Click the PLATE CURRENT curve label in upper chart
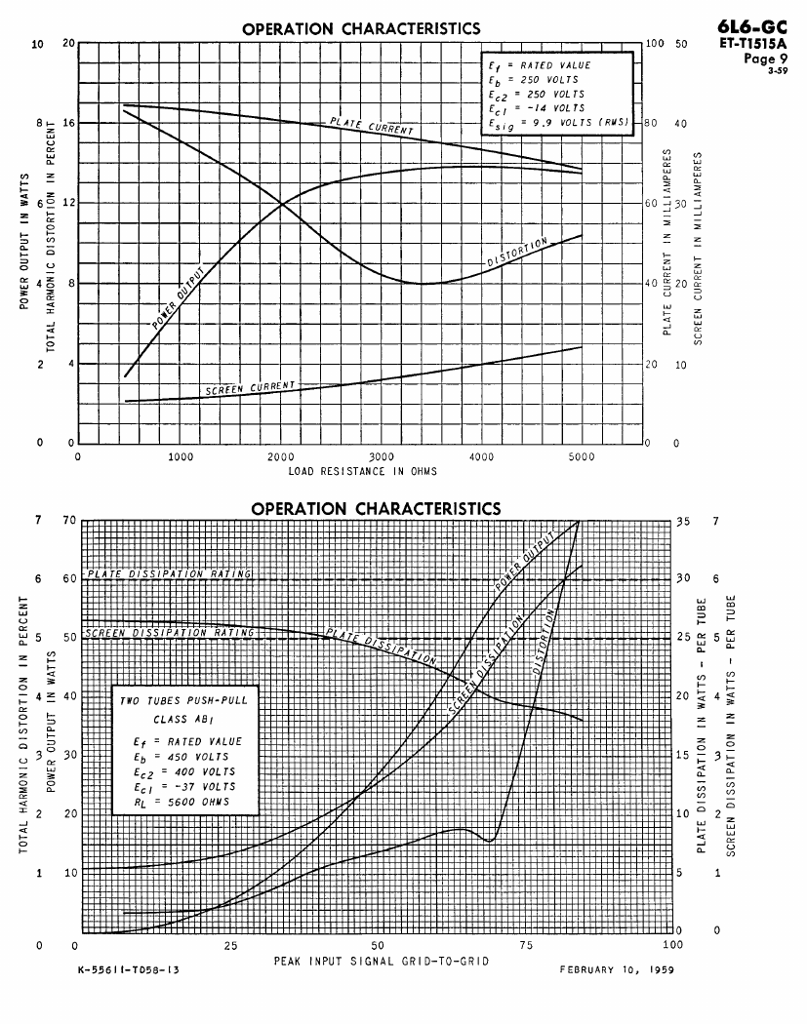click(x=371, y=126)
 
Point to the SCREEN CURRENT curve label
click(x=249, y=388)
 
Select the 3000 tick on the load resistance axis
click(x=382, y=455)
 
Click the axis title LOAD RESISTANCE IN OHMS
click(x=362, y=471)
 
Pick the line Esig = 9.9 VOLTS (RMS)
click(x=558, y=123)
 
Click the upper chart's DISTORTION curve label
click(x=518, y=253)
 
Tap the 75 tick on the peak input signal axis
click(x=527, y=946)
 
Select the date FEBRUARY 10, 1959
click(x=617, y=971)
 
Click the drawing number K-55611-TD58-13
click(x=127, y=971)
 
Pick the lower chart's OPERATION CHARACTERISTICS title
click(x=376, y=508)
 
